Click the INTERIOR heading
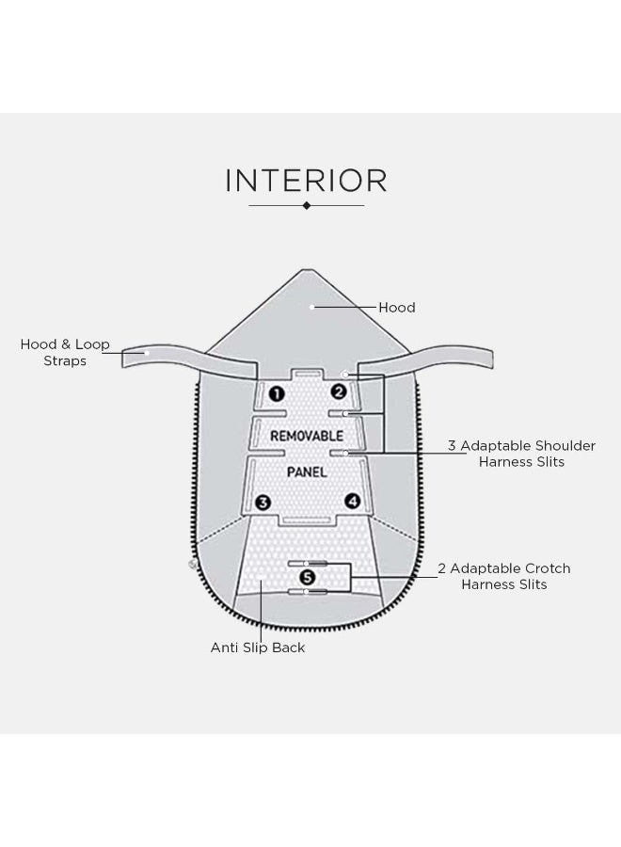[x=306, y=181]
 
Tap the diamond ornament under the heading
[x=307, y=205]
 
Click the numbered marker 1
[x=277, y=393]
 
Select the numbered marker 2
[x=339, y=392]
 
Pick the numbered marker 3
[x=263, y=503]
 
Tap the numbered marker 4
[x=353, y=501]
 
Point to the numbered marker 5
[x=307, y=578]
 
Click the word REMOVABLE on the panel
[x=307, y=436]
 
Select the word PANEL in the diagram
[x=307, y=472]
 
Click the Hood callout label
[x=397, y=308]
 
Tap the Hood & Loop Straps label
[x=65, y=352]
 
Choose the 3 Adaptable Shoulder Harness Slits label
[x=521, y=454]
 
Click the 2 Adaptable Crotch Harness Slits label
[x=504, y=576]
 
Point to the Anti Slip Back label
[x=258, y=647]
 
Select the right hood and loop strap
[x=426, y=359]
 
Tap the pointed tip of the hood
[x=307, y=270]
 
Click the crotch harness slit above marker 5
[x=308, y=564]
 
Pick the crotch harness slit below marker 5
[x=308, y=592]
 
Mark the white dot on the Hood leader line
[x=312, y=307]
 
